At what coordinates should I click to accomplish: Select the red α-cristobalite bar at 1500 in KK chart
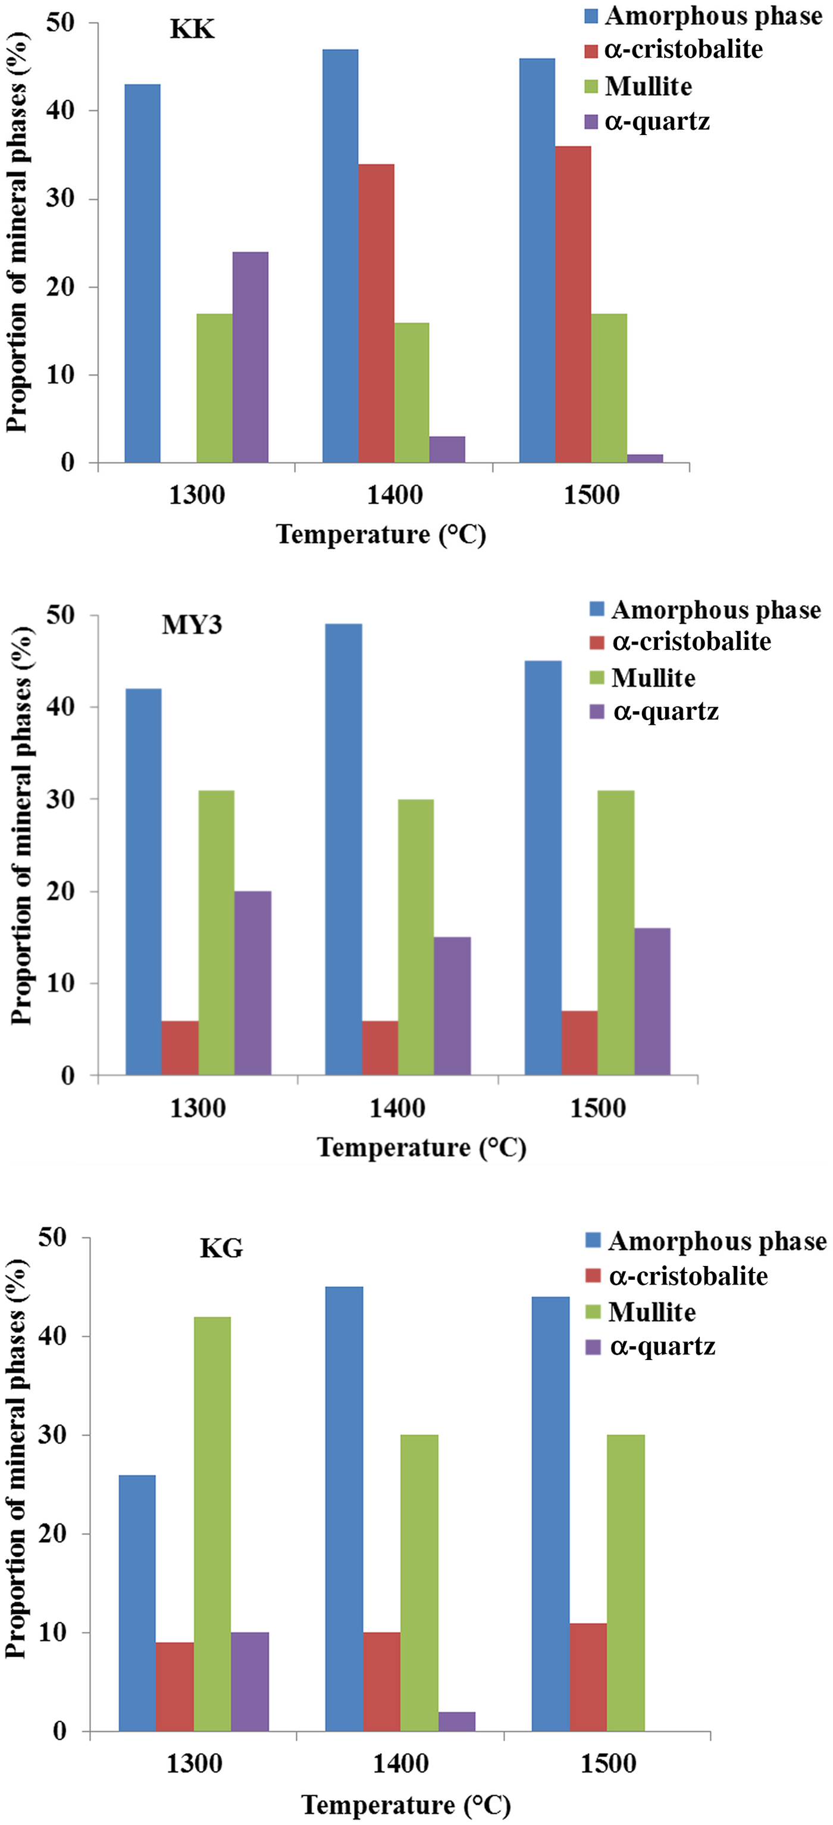(x=573, y=304)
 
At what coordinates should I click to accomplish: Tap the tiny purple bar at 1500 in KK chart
(x=644, y=458)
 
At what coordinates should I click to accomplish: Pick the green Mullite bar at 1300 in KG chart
(x=212, y=1523)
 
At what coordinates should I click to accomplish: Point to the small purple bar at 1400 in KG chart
(x=458, y=1721)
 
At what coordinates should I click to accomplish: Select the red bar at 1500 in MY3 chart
(x=579, y=1043)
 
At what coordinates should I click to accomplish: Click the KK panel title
(x=192, y=30)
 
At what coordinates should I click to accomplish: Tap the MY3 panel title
(x=192, y=625)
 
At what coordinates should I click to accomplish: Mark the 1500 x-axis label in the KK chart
(x=591, y=495)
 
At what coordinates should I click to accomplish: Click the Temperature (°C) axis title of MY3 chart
(x=421, y=1147)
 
